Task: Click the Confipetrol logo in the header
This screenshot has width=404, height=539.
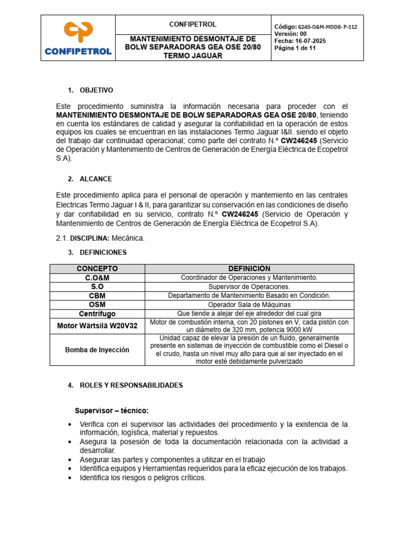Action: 78,38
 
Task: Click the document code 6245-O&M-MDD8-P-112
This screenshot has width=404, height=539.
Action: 327,27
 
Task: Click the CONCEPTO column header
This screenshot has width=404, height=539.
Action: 97,268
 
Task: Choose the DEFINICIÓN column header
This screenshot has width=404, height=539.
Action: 249,268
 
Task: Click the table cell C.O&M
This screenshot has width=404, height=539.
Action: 97,277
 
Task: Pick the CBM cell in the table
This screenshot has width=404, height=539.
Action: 97,296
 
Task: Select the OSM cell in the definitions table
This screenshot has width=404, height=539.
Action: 97,305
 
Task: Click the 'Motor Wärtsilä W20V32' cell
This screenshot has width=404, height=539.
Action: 97,326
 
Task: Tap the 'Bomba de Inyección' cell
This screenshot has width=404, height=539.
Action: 97,350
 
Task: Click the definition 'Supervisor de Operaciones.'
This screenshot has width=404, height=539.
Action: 249,287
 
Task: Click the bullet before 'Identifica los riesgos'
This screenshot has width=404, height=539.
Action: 70,478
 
